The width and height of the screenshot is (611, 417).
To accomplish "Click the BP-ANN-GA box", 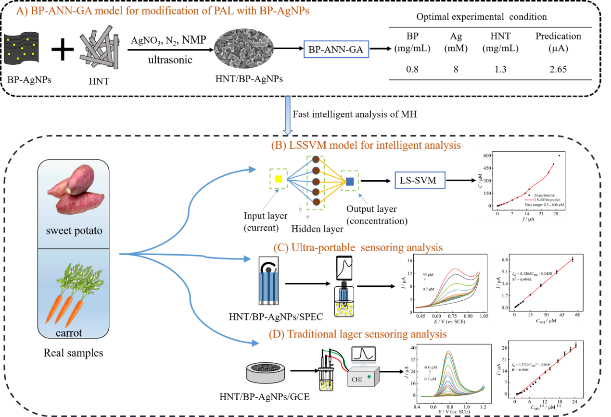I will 335,49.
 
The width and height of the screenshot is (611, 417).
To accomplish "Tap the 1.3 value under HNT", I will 500,69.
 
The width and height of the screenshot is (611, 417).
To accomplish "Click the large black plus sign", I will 62,50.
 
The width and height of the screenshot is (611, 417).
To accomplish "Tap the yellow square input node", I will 279,180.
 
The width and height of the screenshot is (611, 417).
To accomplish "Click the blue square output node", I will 350,181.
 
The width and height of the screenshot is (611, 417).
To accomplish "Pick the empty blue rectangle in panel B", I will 420,180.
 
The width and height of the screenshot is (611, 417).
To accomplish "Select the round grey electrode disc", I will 264,372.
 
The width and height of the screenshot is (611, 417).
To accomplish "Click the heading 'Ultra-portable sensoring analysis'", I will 358,248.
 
